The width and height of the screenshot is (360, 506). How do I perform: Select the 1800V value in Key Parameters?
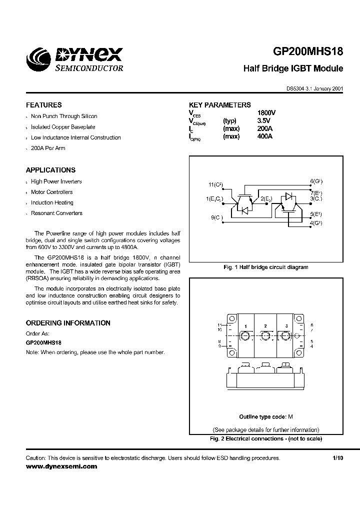pos(266,113)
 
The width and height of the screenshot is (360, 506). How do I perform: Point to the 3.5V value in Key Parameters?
pos(263,121)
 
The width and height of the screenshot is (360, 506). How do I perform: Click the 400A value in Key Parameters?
pos(264,136)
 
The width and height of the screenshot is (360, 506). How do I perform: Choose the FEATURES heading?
pos(44,105)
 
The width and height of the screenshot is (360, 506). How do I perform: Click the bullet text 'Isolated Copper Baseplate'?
pos(63,127)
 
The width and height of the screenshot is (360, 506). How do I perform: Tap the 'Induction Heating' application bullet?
pos(52,202)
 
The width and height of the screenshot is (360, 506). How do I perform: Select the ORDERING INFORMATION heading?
pos(68,323)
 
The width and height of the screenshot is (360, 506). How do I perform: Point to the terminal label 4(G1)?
pos(315,223)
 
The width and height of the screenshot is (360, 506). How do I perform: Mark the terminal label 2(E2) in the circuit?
pos(265,199)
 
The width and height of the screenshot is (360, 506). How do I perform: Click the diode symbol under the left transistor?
pos(245,211)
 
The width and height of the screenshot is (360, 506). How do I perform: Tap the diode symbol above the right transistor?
pos(288,195)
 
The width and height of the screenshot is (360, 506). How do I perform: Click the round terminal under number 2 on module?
pos(265,336)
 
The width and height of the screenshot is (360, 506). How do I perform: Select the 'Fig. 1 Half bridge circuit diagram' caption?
pos(265,267)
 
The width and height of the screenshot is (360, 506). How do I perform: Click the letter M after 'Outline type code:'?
pos(290,416)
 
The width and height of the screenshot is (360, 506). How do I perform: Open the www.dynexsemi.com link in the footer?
pos(61,466)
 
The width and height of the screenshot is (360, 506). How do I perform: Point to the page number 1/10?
pos(338,458)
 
